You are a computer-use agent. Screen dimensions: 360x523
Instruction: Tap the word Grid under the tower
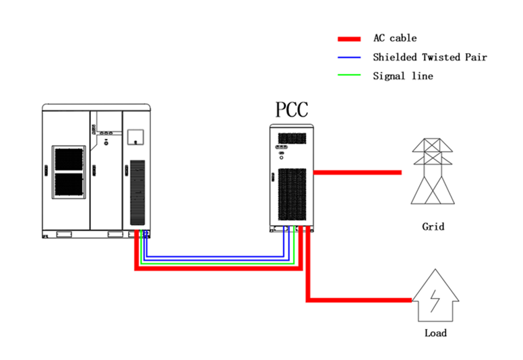coord(433,227)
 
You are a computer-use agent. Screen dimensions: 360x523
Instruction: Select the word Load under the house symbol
coord(435,332)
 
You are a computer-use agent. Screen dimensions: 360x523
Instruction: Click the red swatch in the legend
coord(349,39)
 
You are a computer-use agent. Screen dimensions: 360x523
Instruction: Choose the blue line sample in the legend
coord(349,57)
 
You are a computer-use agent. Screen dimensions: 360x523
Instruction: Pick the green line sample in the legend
coord(349,76)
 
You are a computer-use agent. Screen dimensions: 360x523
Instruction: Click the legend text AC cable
coord(394,39)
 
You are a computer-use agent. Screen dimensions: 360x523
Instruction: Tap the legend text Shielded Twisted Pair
coord(429,57)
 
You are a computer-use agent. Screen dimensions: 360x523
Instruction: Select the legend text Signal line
coord(402,76)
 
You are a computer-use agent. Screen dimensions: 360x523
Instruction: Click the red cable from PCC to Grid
coord(357,173)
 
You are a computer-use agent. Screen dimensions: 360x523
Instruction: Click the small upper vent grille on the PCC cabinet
coord(291,138)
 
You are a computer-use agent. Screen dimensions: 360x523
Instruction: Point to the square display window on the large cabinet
coord(136,136)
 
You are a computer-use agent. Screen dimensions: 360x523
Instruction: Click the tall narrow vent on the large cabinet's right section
coord(137,192)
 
